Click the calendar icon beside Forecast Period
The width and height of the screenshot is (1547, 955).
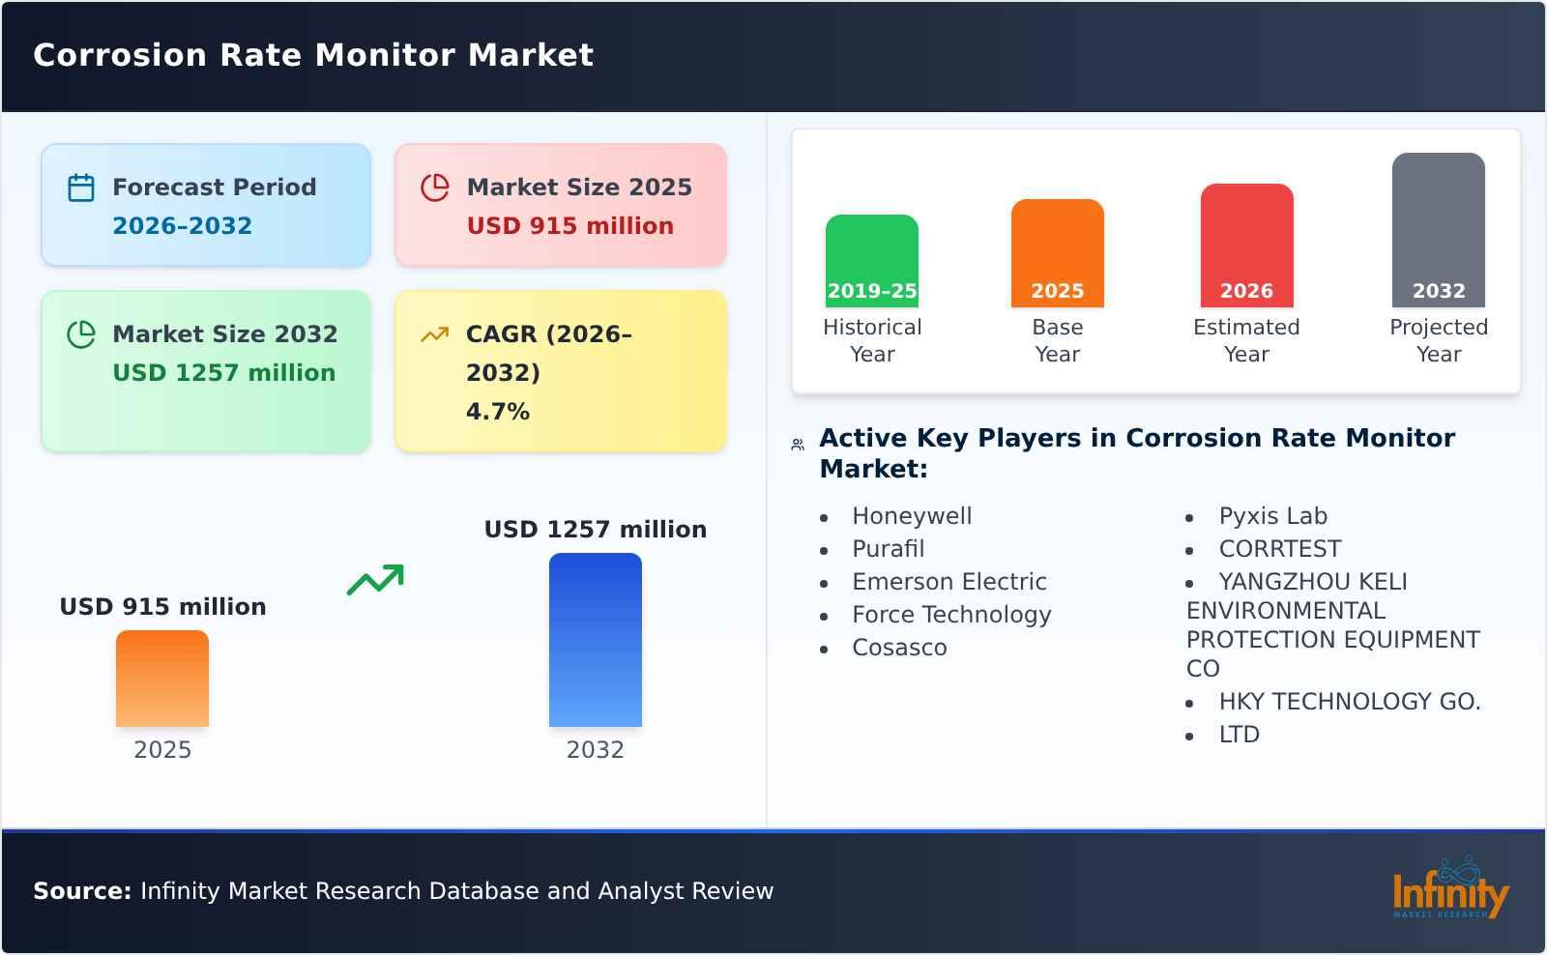coord(81,188)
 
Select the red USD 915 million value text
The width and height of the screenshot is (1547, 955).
coord(569,226)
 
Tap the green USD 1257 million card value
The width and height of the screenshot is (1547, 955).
coord(223,373)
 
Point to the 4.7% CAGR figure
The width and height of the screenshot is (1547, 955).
coord(497,412)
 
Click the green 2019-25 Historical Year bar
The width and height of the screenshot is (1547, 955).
coord(871,261)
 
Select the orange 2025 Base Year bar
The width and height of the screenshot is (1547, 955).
coord(1057,253)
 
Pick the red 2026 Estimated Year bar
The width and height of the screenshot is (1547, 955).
coord(1246,246)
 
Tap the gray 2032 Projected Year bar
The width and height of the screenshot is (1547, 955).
coord(1438,230)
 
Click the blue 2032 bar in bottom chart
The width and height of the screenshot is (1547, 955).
coord(595,640)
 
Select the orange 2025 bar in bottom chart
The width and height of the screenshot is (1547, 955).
coord(162,679)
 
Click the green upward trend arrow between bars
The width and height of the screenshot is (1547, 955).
coord(375,580)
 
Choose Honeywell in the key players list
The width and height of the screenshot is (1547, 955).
coord(912,516)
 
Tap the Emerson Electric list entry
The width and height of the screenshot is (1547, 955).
coord(949,582)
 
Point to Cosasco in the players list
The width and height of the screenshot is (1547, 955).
coord(899,648)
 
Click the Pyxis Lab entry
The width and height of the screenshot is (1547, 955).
coord(1272,516)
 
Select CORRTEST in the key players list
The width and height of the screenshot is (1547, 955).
coord(1279,549)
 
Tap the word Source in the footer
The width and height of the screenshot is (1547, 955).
coord(81,891)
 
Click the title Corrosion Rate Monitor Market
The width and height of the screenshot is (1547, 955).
coord(313,55)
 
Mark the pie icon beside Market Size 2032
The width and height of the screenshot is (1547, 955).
coord(81,334)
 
